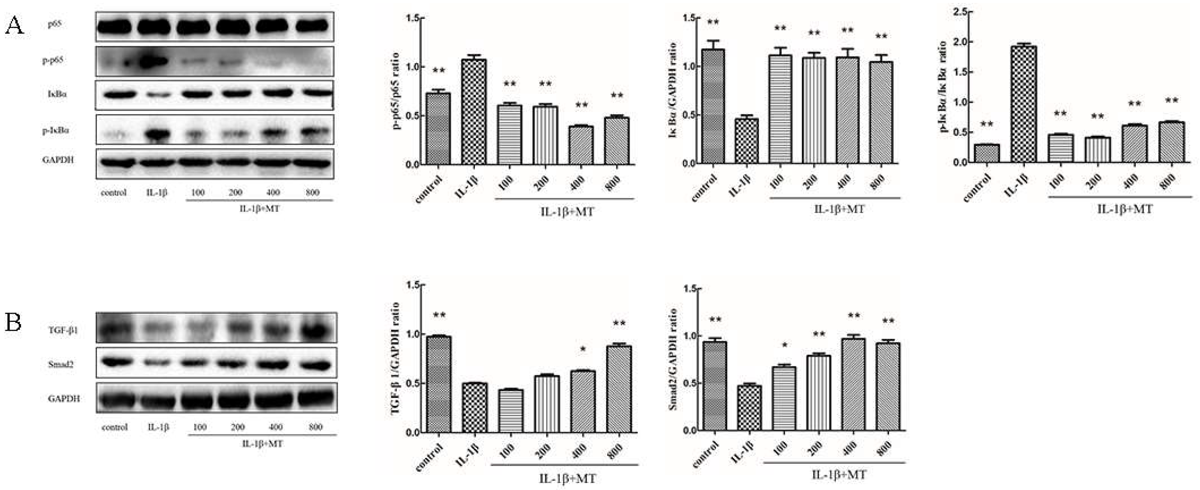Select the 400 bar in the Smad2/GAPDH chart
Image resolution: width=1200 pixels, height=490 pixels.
tap(853, 385)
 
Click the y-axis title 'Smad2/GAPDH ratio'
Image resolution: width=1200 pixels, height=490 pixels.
tap(672, 359)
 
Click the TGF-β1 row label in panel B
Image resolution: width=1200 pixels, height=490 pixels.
tap(63, 330)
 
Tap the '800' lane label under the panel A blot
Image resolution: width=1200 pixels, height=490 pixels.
tap(312, 192)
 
